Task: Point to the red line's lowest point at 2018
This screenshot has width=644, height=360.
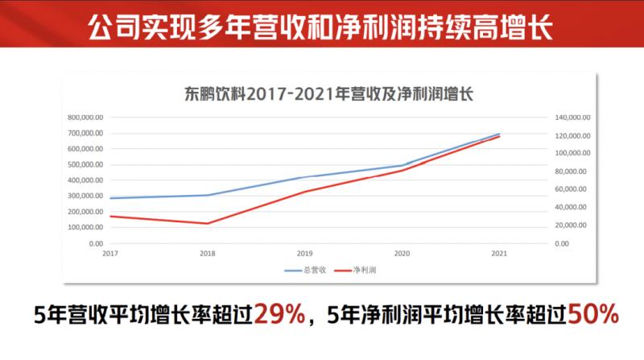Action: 208,223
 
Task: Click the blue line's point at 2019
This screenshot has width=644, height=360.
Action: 305,177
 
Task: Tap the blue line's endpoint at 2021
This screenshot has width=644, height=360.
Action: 499,134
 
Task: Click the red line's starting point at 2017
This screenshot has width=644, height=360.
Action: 111,216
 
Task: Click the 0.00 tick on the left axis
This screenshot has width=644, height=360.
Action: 96,243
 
